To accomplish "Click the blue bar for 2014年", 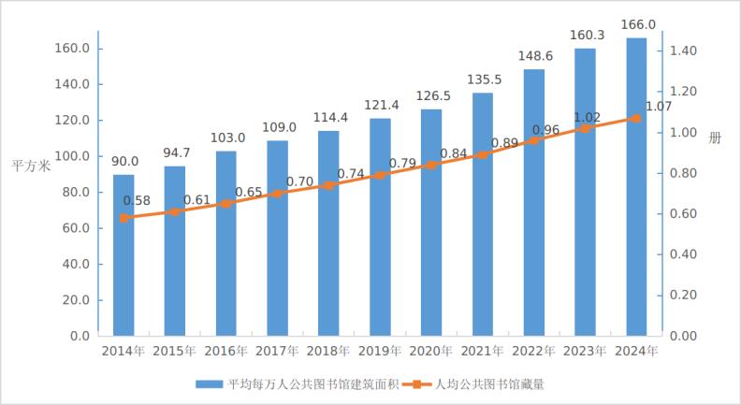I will tap(123, 254).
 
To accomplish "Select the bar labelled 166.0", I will tap(636, 187).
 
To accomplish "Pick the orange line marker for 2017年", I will tap(277, 194).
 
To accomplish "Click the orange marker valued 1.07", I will tap(636, 119).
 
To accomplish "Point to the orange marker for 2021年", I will tap(482, 155).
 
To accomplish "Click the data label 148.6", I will tap(534, 56).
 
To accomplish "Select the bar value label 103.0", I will tap(226, 137).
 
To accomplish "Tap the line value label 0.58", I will tap(137, 200).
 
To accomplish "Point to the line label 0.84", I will tap(453, 153).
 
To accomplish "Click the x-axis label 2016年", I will tap(226, 352).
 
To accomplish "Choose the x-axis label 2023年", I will tap(585, 352).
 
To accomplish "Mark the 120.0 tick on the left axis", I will tap(72, 121).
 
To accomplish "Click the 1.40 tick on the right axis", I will tap(684, 51).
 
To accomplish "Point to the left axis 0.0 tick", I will tap(78, 335).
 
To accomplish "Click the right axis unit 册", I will tap(715, 138).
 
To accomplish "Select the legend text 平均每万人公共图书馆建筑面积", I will tap(313, 383).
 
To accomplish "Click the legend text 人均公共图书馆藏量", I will tap(489, 383).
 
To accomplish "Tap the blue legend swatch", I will tap(208, 383).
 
